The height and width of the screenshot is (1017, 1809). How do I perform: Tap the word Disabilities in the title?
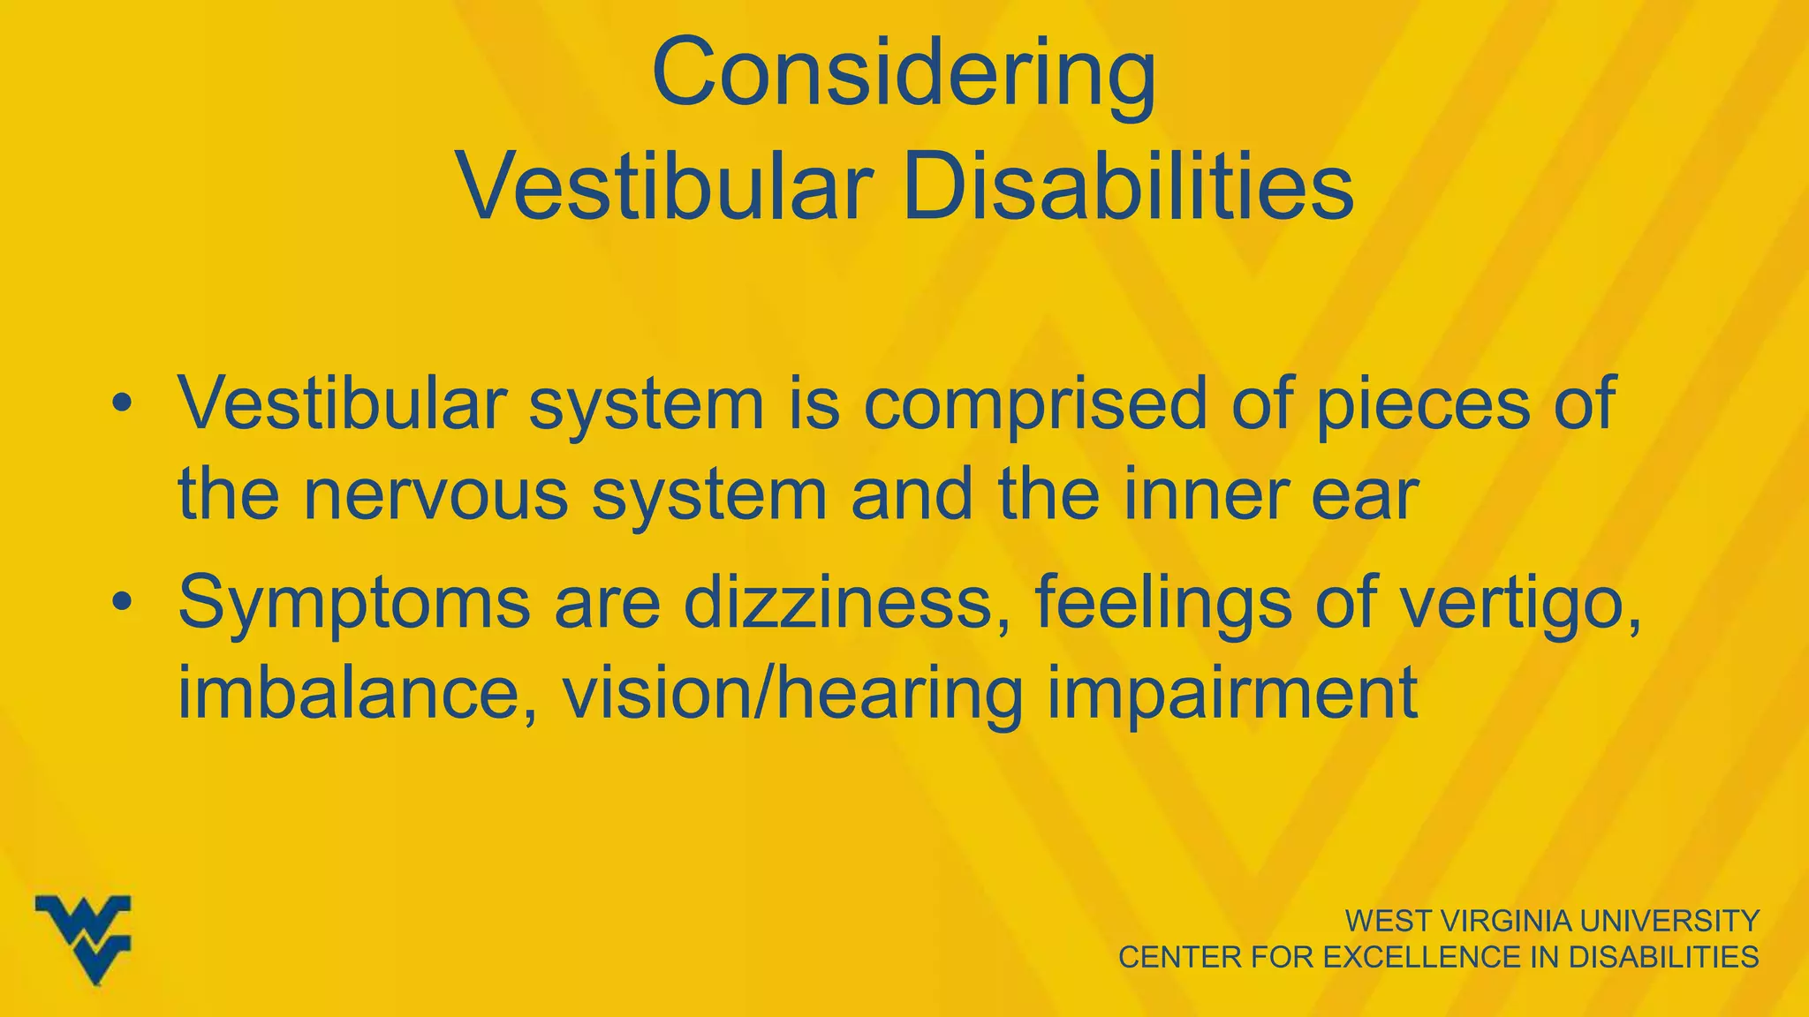point(1128,188)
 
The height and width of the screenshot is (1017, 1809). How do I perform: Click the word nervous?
point(435,494)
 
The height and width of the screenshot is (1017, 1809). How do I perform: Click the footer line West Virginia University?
point(1552,921)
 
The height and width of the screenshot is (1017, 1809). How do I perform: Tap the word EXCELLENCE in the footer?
point(1423,957)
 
